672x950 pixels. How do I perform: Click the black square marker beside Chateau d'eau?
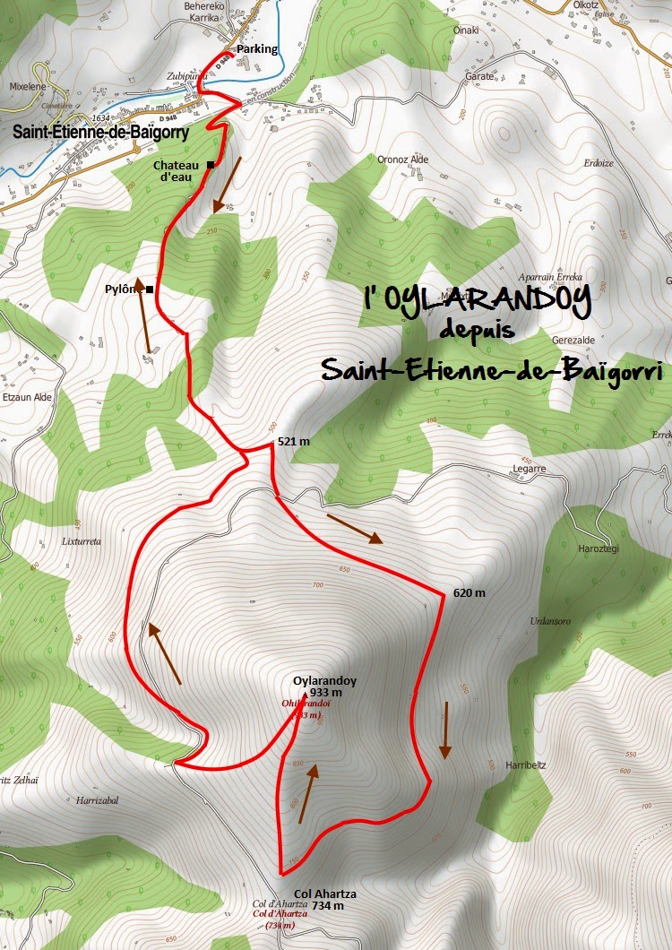click(211, 165)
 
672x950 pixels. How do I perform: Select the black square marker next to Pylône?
click(150, 289)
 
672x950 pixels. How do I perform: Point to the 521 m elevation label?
click(293, 442)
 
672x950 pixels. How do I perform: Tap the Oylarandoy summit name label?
click(324, 681)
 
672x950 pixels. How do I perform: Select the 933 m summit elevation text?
click(326, 693)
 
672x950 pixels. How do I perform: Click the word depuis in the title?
click(477, 330)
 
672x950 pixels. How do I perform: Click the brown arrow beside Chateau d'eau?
click(228, 185)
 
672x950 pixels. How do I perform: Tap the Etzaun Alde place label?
click(28, 395)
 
